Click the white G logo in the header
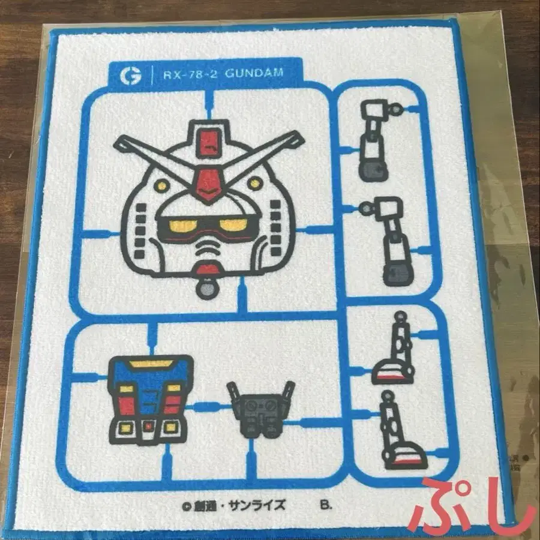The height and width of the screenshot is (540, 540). point(130,76)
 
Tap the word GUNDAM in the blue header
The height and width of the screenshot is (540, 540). point(254,73)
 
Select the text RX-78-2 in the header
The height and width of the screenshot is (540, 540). point(190,74)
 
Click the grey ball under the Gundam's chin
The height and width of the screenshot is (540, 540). point(206,288)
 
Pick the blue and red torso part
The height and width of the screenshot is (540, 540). point(150,400)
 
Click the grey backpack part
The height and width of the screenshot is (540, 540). point(261,410)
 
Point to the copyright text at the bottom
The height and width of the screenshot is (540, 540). point(234,506)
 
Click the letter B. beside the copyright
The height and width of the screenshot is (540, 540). point(325,505)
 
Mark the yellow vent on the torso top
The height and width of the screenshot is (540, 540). point(151,364)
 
